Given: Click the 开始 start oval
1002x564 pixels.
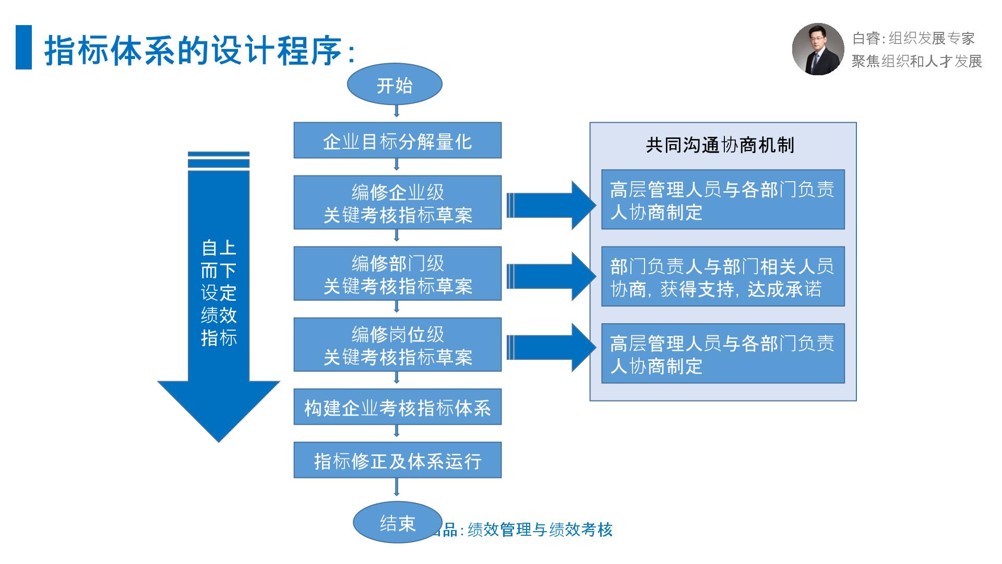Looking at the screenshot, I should pos(395,85).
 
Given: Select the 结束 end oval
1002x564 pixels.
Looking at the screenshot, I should pos(397,523).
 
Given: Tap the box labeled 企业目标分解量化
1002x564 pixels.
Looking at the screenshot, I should pos(397,140).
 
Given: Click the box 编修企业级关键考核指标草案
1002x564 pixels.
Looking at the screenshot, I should pos(397,203).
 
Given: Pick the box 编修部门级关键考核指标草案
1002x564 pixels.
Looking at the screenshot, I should pos(397,274).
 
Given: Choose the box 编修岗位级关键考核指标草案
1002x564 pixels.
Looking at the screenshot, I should pos(397,345).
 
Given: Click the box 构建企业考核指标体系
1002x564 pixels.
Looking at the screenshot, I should pos(397,407).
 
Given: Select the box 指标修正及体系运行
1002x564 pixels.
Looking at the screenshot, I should pos(397,460).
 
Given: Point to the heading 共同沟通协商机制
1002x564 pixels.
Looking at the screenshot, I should pos(720,145).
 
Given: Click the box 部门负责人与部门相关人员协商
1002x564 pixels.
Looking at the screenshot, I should pos(723,277).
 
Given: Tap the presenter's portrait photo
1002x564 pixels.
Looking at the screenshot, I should pos(818,49).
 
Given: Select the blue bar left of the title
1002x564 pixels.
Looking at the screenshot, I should pos(23,47).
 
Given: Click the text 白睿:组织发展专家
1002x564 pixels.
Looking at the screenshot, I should pos(913,38).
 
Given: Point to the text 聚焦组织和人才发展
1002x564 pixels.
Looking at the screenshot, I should pos(916,61).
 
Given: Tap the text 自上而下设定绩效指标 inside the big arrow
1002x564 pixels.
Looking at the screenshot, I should pos(219,292).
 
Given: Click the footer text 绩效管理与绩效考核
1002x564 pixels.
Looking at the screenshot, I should pos(540,530).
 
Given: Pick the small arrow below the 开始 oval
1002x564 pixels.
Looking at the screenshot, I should pos(397,111).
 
